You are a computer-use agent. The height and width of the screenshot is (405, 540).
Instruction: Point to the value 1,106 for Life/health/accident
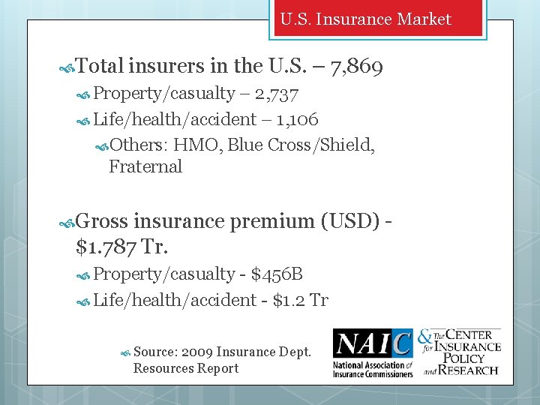click(297, 119)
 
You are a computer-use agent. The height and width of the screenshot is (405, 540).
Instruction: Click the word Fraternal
click(145, 166)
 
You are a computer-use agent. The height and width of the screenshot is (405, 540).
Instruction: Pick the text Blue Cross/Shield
click(301, 145)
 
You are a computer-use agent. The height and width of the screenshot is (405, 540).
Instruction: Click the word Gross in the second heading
click(103, 221)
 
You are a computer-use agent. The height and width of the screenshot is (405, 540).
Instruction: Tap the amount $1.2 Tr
click(300, 300)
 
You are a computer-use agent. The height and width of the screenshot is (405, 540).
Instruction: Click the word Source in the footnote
click(154, 351)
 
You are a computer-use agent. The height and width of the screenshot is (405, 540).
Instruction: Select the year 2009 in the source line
click(196, 351)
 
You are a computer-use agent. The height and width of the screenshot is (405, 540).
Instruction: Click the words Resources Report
click(186, 368)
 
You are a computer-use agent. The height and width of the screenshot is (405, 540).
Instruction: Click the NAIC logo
click(373, 352)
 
